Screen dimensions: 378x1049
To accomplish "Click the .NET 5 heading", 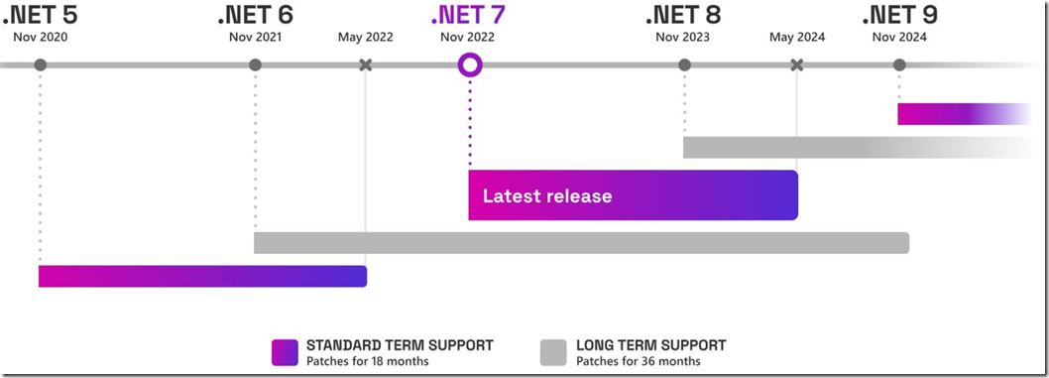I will tap(40, 16).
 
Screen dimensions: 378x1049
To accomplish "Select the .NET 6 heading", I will tap(255, 16).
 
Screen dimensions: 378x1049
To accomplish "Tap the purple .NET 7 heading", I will tap(468, 16).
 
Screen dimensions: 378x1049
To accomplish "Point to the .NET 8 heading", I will tap(683, 16).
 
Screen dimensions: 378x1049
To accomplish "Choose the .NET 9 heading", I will tap(899, 16).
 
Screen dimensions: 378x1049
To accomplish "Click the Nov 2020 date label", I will tap(40, 38).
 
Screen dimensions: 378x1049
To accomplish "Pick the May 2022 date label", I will tap(365, 38).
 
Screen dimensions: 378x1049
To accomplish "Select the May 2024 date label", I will tap(796, 38).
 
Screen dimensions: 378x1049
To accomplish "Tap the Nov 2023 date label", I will tap(683, 38).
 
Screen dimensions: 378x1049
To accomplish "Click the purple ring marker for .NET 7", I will tap(470, 65).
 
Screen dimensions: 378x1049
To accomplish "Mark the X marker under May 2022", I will tap(365, 65).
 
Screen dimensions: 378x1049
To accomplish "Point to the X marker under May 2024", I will tap(796, 65).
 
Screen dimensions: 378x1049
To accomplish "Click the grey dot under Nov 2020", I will tap(40, 65).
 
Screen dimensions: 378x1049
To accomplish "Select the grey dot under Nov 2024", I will tap(899, 65).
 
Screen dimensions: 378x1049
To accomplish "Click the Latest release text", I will tap(547, 195).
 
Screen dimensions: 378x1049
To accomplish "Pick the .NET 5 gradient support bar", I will tap(202, 276).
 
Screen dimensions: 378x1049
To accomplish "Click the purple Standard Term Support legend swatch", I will tap(285, 352).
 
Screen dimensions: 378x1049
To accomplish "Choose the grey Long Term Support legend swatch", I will tap(553, 352).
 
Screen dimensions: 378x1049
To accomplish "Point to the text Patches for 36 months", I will tap(638, 361).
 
